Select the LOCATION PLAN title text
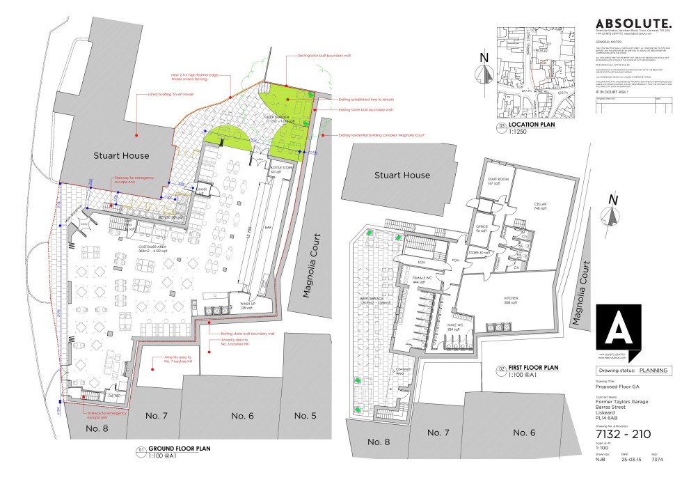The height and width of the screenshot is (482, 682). [533, 126]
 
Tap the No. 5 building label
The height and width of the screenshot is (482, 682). [305, 415]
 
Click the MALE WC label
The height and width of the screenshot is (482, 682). [457, 325]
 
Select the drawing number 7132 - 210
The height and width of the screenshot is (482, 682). [623, 434]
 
